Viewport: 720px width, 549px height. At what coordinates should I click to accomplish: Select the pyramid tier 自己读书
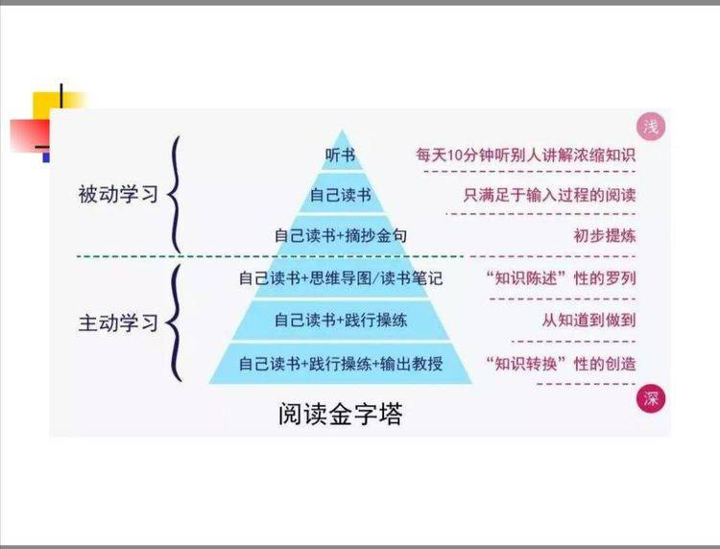[341, 195]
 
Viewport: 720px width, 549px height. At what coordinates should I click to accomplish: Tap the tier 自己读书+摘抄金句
[341, 235]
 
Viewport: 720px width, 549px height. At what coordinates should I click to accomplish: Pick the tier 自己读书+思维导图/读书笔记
[341, 278]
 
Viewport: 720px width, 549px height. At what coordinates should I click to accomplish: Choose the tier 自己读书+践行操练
[341, 320]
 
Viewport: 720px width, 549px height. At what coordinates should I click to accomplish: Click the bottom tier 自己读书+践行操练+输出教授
[341, 363]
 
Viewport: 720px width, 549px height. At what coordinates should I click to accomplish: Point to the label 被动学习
[118, 194]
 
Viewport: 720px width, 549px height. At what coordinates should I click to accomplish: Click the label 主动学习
[118, 322]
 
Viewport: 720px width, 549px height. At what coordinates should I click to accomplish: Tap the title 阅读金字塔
[340, 414]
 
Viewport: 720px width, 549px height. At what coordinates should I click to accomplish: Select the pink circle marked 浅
[651, 127]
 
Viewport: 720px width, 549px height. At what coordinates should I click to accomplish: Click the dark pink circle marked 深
[651, 398]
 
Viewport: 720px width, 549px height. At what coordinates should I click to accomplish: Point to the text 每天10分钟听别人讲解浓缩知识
[526, 155]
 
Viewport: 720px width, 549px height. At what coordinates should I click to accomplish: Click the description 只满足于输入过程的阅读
[550, 195]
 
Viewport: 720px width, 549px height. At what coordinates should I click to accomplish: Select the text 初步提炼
[605, 235]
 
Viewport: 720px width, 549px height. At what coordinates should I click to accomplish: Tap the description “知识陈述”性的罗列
[562, 278]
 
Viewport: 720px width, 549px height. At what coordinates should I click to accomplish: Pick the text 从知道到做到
[589, 320]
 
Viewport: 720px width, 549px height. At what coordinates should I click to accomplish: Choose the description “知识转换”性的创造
[562, 364]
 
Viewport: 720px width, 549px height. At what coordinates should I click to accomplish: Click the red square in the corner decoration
[30, 136]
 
